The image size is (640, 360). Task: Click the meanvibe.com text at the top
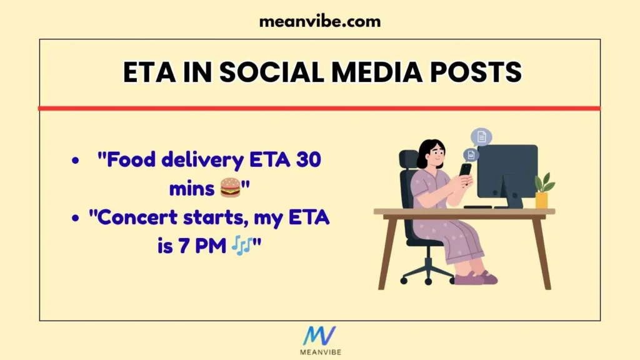click(x=319, y=21)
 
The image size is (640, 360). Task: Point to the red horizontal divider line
click(x=319, y=108)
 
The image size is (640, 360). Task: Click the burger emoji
click(x=230, y=186)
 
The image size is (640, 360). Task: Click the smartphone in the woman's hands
click(x=465, y=169)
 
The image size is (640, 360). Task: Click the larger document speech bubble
click(x=481, y=137)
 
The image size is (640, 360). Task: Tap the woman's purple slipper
click(x=470, y=278)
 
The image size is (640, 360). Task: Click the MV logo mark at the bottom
click(x=319, y=336)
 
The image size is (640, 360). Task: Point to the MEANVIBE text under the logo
click(x=319, y=352)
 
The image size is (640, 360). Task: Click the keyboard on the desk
click(x=478, y=207)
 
